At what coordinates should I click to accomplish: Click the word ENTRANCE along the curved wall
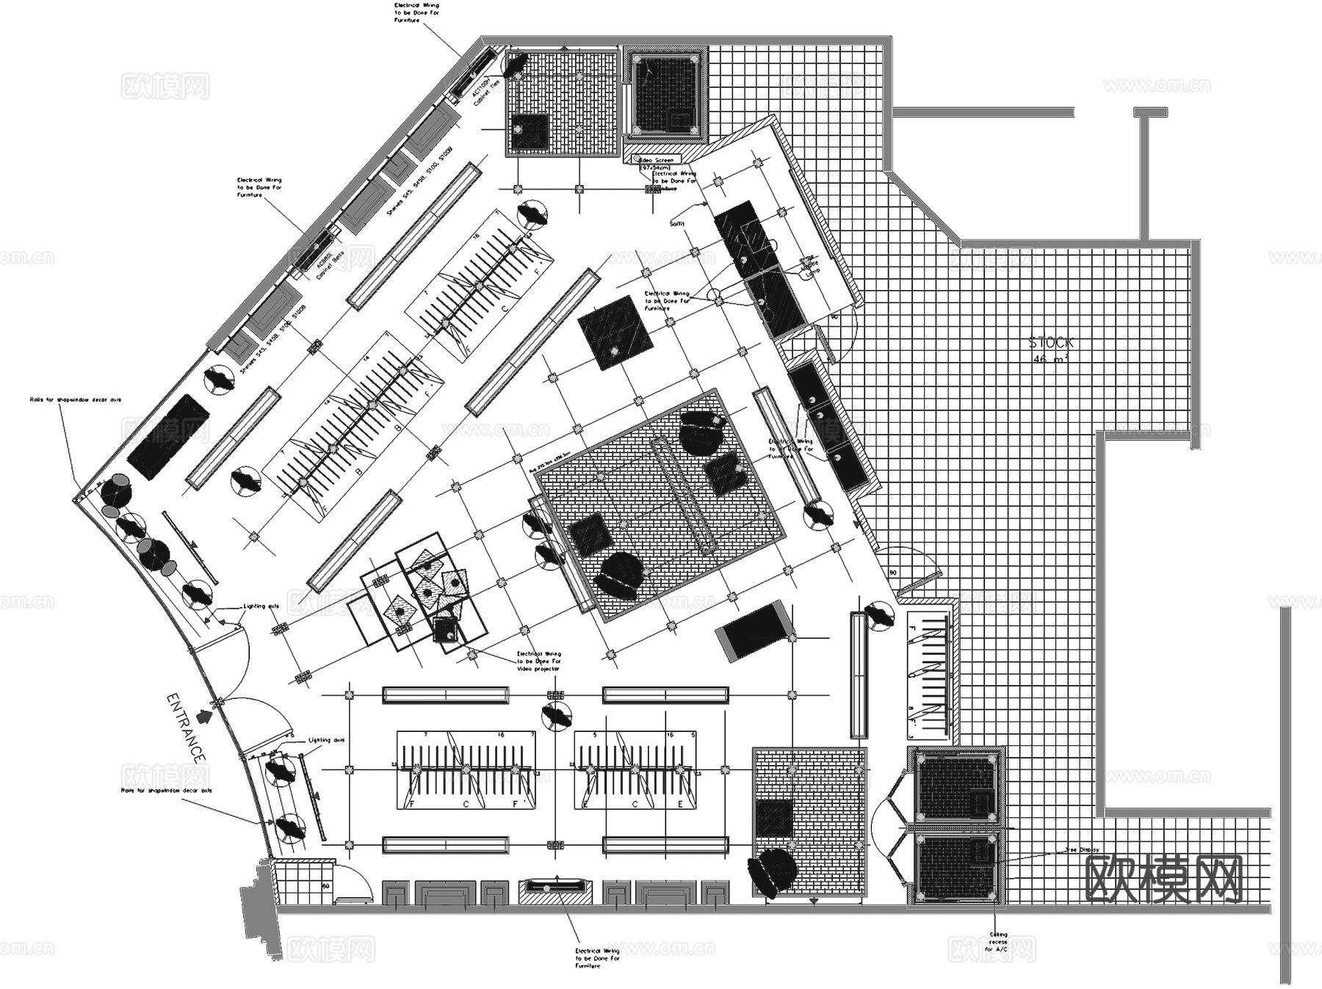pos(185,727)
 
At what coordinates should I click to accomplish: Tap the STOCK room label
pos(1050,342)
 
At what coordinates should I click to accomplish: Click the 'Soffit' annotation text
pos(676,223)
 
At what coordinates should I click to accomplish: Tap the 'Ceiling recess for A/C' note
pos(998,942)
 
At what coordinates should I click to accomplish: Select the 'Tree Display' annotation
pos(1082,849)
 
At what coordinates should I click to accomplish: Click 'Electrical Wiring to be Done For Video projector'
pos(538,661)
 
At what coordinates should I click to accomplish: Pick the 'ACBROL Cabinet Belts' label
pos(328,263)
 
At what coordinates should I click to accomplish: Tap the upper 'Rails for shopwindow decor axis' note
pos(75,400)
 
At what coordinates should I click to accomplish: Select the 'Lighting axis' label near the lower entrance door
pos(326,740)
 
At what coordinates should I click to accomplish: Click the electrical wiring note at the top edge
pos(416,12)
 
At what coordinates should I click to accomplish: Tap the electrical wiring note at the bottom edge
pos(597,957)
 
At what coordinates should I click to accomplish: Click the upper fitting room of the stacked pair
pos(954,788)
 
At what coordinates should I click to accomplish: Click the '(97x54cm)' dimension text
pos(655,168)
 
